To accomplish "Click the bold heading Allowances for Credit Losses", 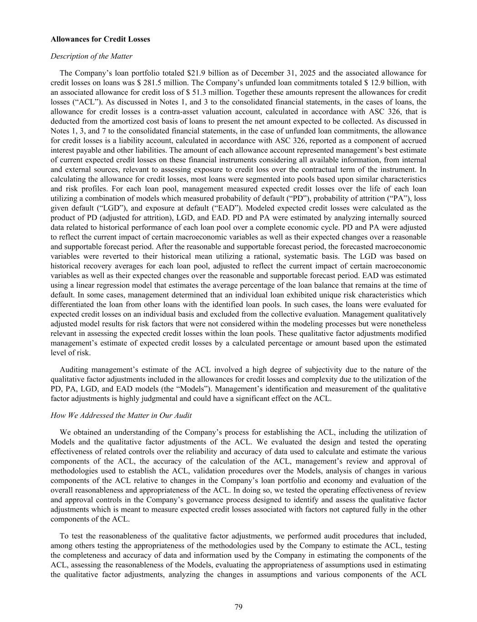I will [x=100, y=39].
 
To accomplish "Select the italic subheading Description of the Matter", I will [x=91, y=56].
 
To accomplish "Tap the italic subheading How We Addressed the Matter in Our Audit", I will [x=121, y=415].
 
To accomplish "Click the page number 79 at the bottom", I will [x=238, y=606].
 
